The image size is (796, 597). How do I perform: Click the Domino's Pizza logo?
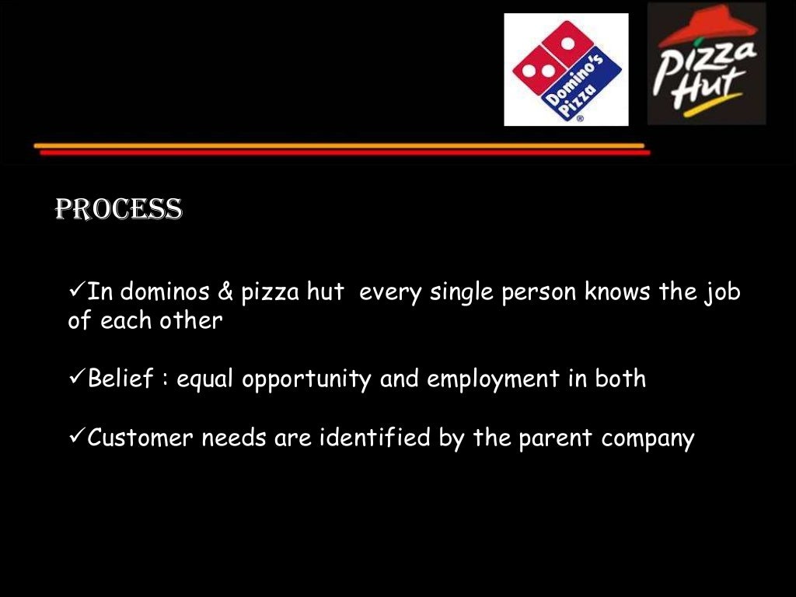point(565,70)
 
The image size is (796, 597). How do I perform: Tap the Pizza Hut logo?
point(707,64)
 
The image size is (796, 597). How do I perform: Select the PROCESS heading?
point(118,209)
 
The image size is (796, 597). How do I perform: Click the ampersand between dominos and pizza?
point(225,292)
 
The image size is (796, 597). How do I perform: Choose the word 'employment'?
point(493,380)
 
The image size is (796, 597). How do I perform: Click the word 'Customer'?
point(141,438)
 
